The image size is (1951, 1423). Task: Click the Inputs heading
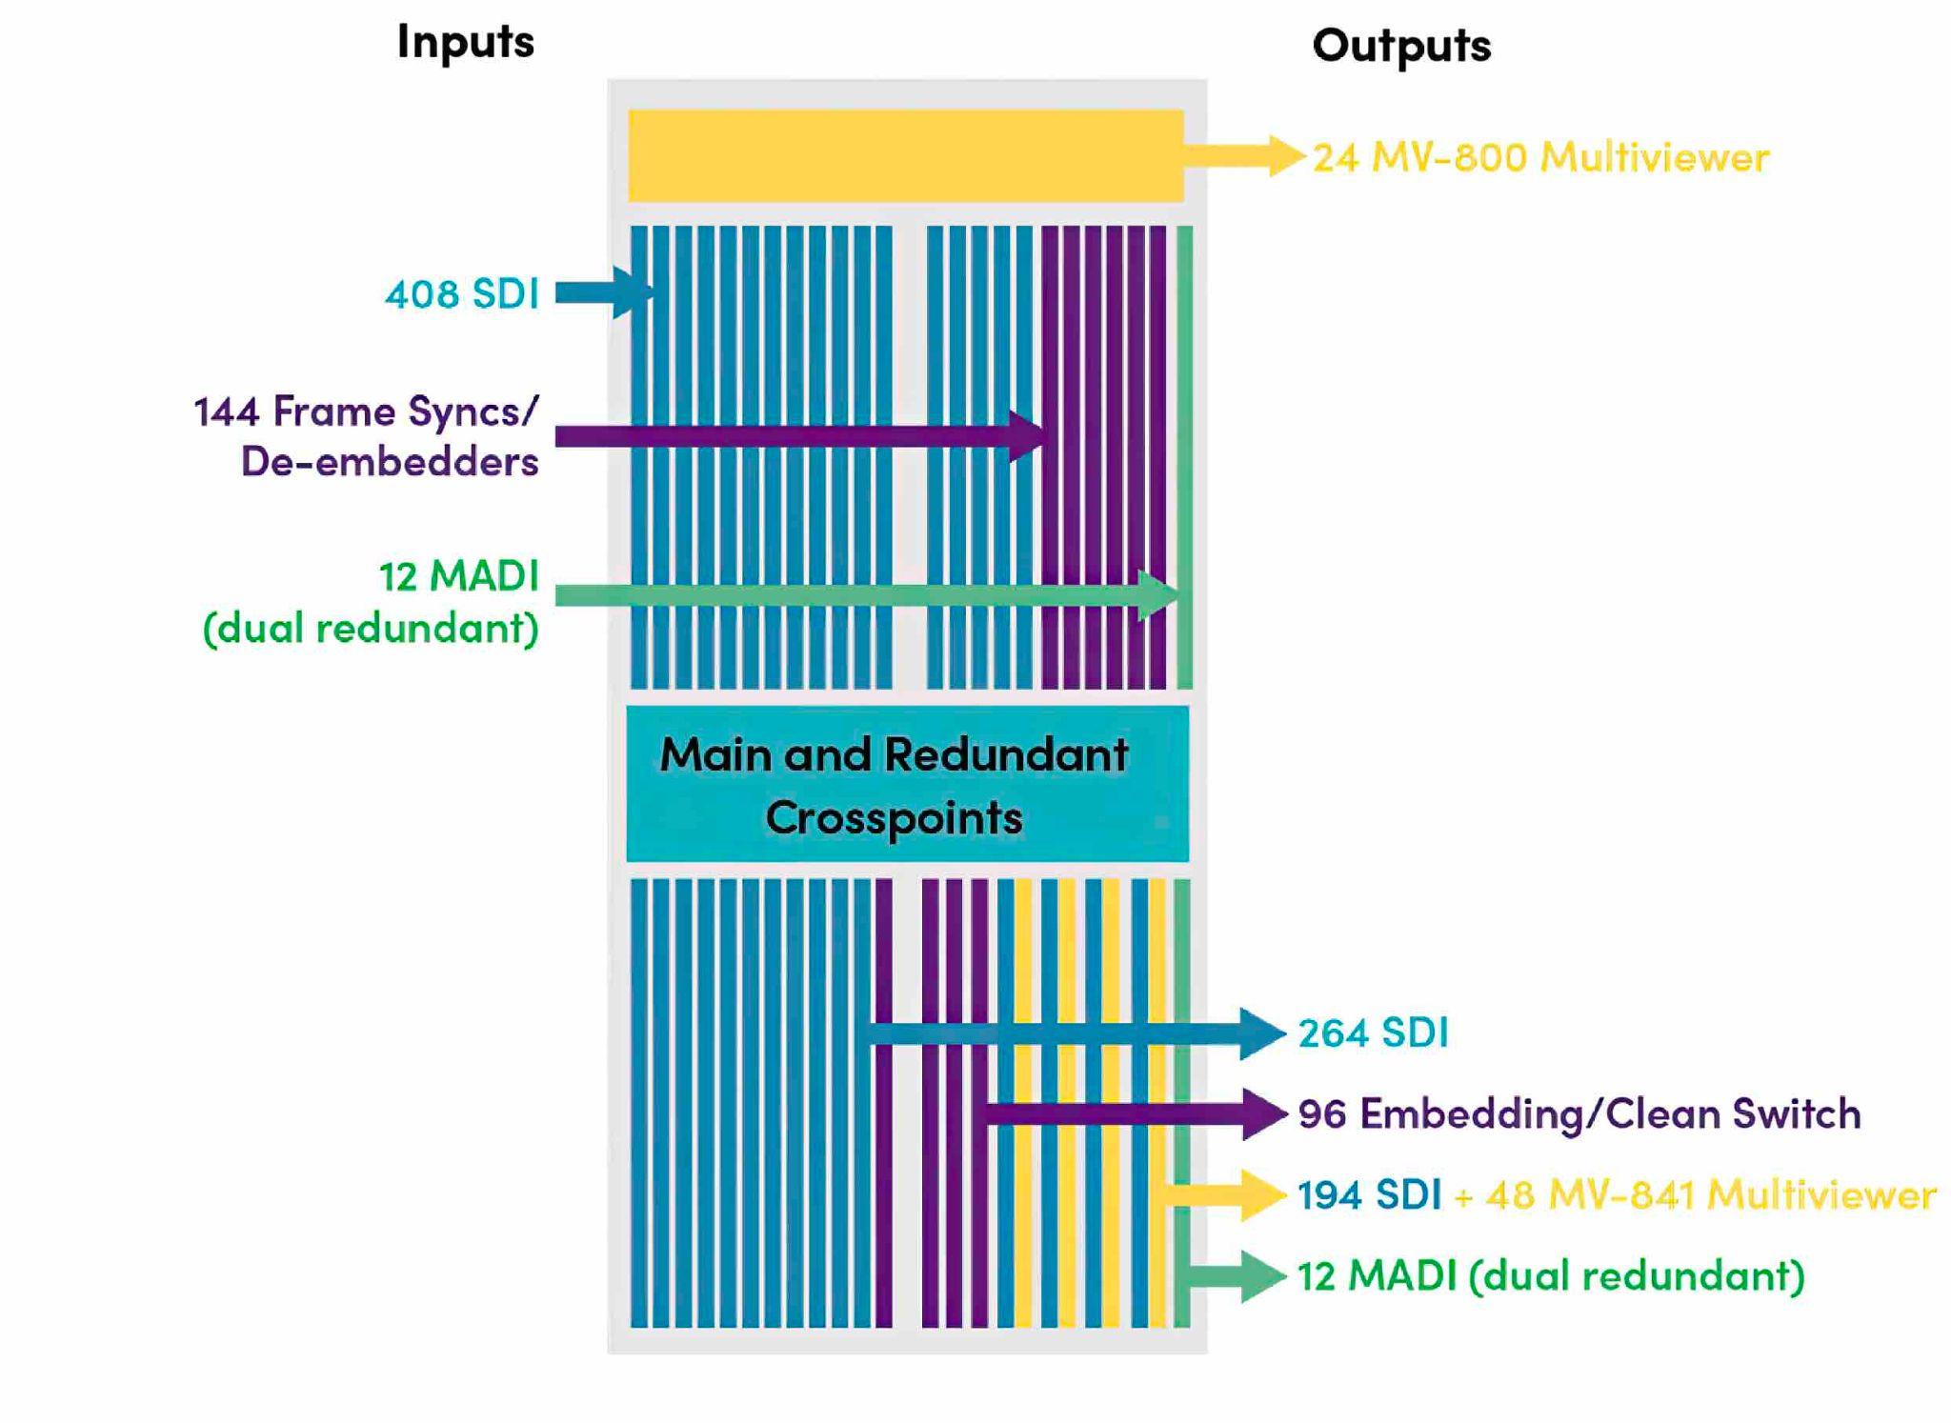[465, 42]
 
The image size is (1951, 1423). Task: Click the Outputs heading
[1400, 46]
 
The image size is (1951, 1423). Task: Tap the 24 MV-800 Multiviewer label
[1540, 157]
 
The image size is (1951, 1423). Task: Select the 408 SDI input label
[462, 293]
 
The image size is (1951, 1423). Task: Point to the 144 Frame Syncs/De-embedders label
[367, 436]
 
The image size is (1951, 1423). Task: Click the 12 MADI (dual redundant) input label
[371, 602]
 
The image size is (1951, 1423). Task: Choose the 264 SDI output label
[1373, 1033]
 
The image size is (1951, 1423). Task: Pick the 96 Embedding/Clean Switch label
[1579, 1113]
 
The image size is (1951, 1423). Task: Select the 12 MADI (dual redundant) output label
[1550, 1276]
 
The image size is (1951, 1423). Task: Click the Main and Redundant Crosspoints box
[907, 784]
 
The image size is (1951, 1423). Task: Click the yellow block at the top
[905, 155]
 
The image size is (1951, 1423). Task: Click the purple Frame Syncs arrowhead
[1029, 437]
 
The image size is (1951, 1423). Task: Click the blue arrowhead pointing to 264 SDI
[1261, 1033]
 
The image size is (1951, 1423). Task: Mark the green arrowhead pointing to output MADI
[1261, 1276]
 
